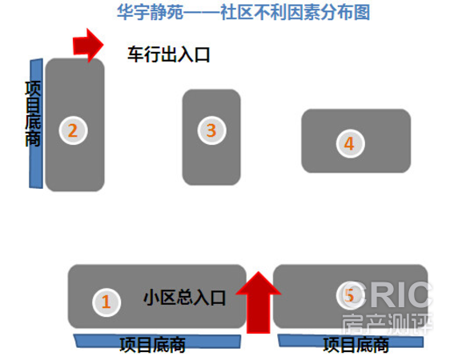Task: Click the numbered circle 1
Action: (106, 302)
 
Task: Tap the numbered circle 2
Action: (73, 130)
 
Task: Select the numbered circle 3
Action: (211, 130)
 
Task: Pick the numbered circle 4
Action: (350, 143)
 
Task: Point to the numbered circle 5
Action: (350, 295)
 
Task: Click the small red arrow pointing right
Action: (88, 46)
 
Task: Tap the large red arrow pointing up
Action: (258, 302)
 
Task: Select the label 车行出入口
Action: (168, 54)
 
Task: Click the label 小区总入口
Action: (184, 298)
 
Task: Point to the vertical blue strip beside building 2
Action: (36, 123)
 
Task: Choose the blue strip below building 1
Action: (157, 341)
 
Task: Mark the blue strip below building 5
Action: (351, 342)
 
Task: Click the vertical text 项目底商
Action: (33, 114)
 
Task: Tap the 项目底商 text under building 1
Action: (152, 345)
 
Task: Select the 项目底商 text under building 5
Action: (356, 345)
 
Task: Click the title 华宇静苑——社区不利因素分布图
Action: (243, 12)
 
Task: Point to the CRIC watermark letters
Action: (386, 295)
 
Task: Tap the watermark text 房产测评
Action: (387, 324)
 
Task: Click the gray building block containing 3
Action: (211, 137)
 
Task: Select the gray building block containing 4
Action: (356, 141)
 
